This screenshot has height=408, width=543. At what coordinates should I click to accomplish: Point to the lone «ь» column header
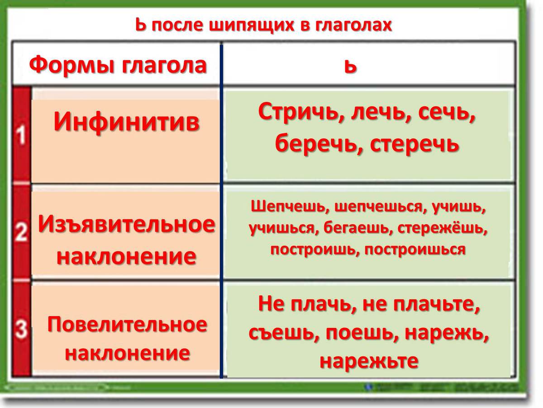point(350,67)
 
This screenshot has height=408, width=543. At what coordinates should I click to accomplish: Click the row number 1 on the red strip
point(22,135)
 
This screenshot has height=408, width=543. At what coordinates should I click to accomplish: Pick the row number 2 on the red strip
point(21,231)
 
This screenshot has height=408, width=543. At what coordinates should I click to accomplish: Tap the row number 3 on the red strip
point(21,329)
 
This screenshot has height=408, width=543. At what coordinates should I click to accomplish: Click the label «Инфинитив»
point(127,122)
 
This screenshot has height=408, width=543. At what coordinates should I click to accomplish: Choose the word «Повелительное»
point(127,325)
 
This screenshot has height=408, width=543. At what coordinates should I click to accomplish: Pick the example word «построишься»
point(415,249)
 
